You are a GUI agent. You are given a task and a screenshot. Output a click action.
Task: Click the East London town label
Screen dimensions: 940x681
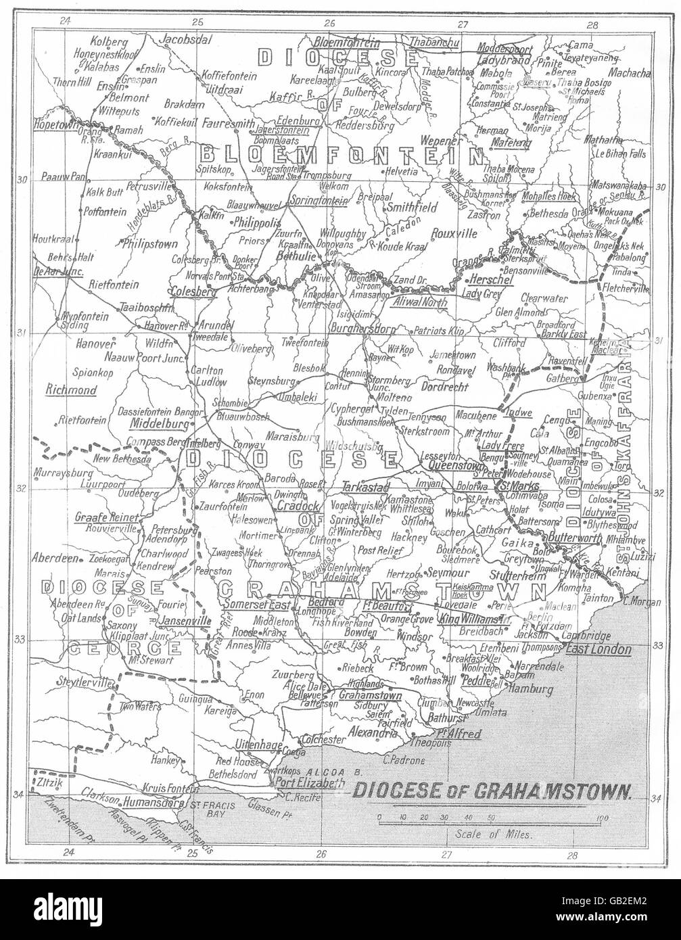(x=598, y=649)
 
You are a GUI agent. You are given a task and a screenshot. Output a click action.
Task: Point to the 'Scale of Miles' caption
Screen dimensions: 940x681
(x=494, y=834)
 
